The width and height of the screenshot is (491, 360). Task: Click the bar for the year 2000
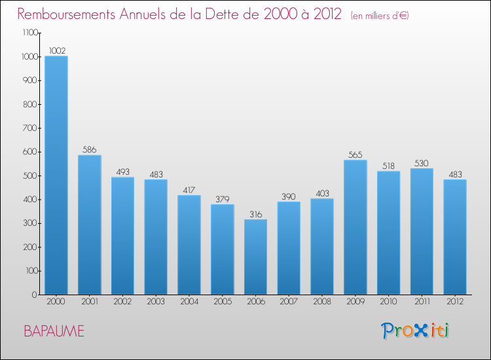pos(56,175)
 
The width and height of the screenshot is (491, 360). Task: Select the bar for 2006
pos(255,257)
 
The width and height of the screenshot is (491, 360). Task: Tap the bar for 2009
pos(355,227)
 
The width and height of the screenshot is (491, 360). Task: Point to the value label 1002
pos(56,50)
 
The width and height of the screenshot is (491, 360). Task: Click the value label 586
pos(89,150)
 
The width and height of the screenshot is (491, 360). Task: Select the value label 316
pos(255,214)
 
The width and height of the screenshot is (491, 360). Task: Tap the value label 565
pos(355,155)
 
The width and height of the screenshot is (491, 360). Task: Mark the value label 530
pos(422,163)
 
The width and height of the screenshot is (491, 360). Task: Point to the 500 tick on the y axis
pos(31,175)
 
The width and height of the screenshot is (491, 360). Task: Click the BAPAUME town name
pos(54,331)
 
